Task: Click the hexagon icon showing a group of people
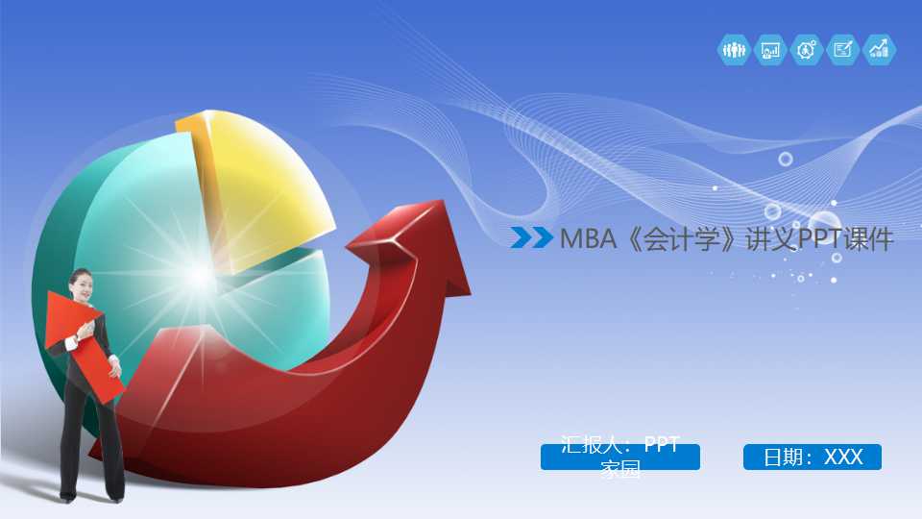[x=735, y=50]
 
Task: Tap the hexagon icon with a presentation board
[x=770, y=50]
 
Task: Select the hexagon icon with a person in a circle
[x=807, y=50]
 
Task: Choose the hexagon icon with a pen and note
[x=842, y=50]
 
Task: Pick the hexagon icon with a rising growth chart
[x=879, y=50]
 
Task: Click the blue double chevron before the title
[x=531, y=237]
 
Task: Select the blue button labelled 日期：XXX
[x=813, y=457]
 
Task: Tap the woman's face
[x=82, y=285]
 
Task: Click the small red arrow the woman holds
[x=81, y=346]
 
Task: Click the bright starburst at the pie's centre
[x=199, y=276]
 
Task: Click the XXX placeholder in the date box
[x=844, y=457]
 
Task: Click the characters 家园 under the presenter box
[x=620, y=470]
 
